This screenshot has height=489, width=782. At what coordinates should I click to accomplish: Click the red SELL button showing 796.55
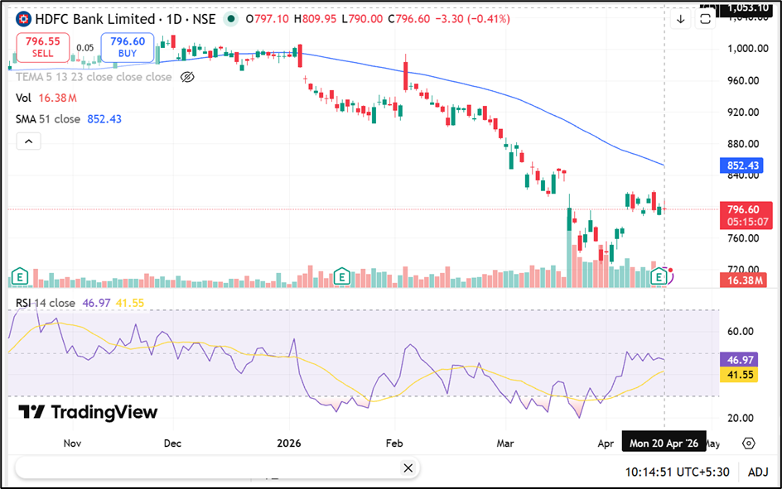[42, 47]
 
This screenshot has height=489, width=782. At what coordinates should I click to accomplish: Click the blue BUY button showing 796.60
[128, 47]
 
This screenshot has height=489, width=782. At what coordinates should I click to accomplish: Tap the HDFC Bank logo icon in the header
[24, 19]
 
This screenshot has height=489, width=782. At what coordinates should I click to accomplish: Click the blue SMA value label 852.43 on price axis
[742, 165]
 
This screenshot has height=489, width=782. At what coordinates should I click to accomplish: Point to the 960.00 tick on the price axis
[743, 80]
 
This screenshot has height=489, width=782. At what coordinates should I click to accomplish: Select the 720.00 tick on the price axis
[743, 270]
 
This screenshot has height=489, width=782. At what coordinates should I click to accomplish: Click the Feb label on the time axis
[393, 443]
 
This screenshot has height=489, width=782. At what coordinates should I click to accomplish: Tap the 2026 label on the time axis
[288, 443]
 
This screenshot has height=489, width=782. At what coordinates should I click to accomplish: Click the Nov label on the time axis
[72, 443]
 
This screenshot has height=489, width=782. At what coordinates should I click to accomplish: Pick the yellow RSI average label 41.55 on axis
[742, 375]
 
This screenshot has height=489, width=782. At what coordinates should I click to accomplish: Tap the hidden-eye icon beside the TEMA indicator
[186, 77]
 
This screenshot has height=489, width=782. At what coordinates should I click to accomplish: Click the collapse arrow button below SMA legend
[28, 141]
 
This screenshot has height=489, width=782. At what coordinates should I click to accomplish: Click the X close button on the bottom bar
[408, 468]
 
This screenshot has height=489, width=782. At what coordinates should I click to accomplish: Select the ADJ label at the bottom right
[758, 472]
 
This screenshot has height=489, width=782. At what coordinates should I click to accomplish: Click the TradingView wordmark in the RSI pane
[88, 412]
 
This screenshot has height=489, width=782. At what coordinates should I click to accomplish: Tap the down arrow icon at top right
[681, 19]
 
